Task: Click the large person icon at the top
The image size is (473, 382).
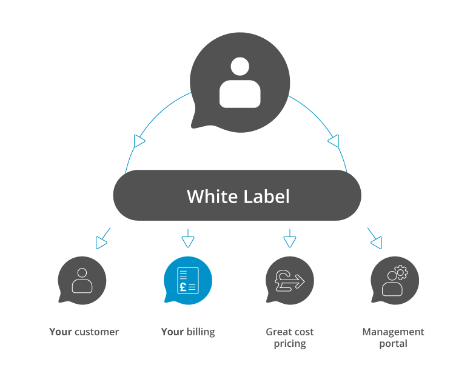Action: coord(240,83)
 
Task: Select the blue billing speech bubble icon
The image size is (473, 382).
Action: coord(187,281)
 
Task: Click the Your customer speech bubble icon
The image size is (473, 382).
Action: coord(82,281)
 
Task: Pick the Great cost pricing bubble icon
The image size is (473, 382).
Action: coord(290,281)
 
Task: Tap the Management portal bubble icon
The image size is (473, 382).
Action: coord(395,281)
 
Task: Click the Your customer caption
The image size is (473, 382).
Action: coord(84,332)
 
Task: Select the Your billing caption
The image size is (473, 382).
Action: coord(188,332)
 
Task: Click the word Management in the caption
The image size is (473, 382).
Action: coord(394,332)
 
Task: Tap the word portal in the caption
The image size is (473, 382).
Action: coord(394,344)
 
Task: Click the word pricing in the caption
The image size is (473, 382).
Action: coord(290,344)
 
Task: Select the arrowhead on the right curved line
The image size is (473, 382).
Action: coord(333,141)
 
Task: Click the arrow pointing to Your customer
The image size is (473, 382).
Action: coord(102,241)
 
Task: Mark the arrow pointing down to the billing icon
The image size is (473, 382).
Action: coord(188,241)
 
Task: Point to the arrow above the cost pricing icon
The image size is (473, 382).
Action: coord(290,241)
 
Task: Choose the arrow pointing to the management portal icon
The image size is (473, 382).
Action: coord(376,241)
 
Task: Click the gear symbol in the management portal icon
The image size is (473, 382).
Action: coord(401,272)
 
